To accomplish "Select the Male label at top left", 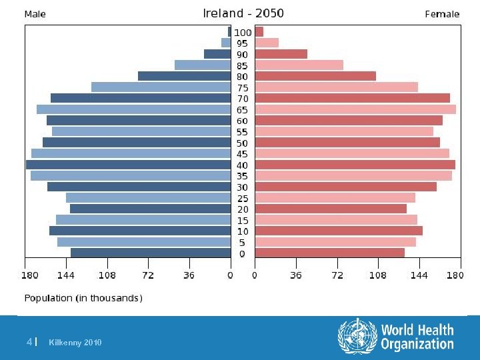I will (35, 14).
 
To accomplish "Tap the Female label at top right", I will (442, 14).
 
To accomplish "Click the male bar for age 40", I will (128, 165).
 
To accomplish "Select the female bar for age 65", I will (355, 109).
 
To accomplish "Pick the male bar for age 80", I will (184, 76).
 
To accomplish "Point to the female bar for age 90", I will (281, 54).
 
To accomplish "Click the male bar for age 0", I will (150, 253).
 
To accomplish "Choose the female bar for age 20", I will (331, 209).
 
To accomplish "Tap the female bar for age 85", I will (299, 65).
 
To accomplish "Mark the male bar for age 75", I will (161, 87).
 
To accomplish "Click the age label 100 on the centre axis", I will (243, 33).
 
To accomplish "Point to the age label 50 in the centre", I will (242, 143).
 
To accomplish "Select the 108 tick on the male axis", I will (107, 275).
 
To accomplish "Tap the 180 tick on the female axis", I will (455, 275).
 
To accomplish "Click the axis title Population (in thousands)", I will (83, 298).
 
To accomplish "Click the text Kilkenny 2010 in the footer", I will (75, 343).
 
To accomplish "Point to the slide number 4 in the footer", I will (29, 342).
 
